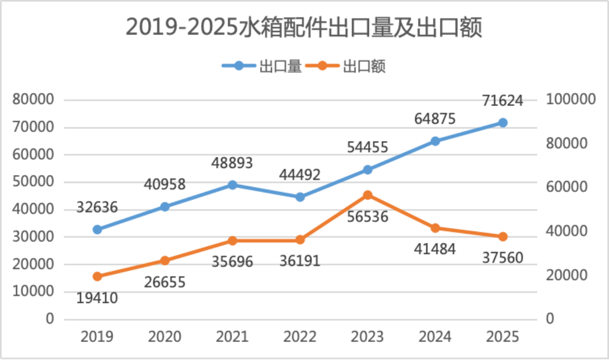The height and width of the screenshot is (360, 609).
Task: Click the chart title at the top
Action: (303, 27)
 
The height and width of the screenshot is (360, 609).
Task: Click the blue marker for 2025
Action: (502, 123)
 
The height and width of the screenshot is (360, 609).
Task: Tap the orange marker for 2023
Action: (367, 195)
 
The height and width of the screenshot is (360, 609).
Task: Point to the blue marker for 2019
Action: (97, 229)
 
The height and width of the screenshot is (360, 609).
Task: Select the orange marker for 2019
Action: (97, 276)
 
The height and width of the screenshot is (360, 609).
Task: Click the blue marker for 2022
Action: (300, 197)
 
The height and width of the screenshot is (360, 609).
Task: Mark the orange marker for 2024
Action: (435, 228)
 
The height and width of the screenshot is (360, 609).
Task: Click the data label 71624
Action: (502, 100)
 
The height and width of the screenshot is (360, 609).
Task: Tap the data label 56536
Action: (367, 216)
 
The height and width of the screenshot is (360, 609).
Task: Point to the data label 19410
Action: (97, 298)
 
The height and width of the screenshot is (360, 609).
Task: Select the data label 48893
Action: (232, 162)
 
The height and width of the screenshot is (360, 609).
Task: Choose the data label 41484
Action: (435, 248)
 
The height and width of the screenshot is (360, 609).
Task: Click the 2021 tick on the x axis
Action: (232, 336)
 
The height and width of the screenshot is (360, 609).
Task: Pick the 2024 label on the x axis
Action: (435, 336)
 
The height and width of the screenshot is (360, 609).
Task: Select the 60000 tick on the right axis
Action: (566, 187)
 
